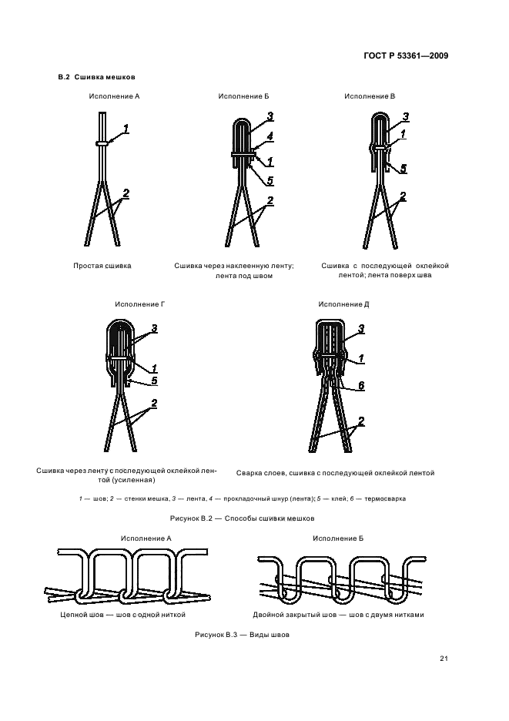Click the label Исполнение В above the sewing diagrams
(x=370, y=96)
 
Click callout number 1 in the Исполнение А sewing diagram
(x=126, y=129)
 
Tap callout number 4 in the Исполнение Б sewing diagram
(x=270, y=136)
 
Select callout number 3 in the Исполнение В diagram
(x=405, y=116)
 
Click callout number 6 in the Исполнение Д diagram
(x=360, y=386)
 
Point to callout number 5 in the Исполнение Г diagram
(x=153, y=380)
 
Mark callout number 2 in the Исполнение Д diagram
(x=360, y=421)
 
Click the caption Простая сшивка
(x=102, y=265)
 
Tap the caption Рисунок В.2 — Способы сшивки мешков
(x=247, y=518)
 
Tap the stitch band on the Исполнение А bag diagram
(x=102, y=143)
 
